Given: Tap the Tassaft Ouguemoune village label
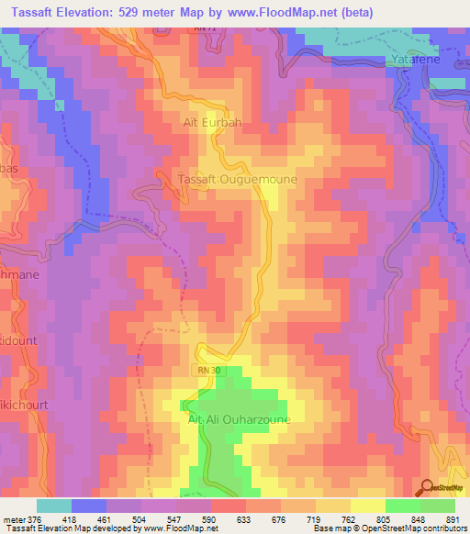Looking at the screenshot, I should click(237, 180).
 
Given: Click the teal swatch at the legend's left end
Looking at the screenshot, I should click(54, 506).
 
